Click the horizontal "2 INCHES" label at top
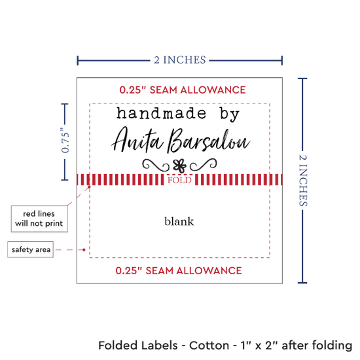click(180, 60)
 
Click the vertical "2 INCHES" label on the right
click(303, 181)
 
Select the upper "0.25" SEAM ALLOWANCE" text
click(183, 90)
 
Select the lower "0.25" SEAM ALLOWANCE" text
click(179, 271)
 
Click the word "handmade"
click(162, 113)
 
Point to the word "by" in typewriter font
click(230, 115)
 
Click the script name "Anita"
click(137, 140)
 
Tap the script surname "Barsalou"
click(208, 141)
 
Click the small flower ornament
click(179, 166)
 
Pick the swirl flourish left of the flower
click(156, 165)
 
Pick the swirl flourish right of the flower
click(203, 164)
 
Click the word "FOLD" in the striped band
click(179, 180)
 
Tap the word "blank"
click(179, 221)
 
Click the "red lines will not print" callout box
click(39, 219)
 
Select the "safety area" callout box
click(31, 249)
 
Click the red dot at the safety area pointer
click(84, 250)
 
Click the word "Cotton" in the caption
click(209, 346)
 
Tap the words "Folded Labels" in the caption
click(138, 346)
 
